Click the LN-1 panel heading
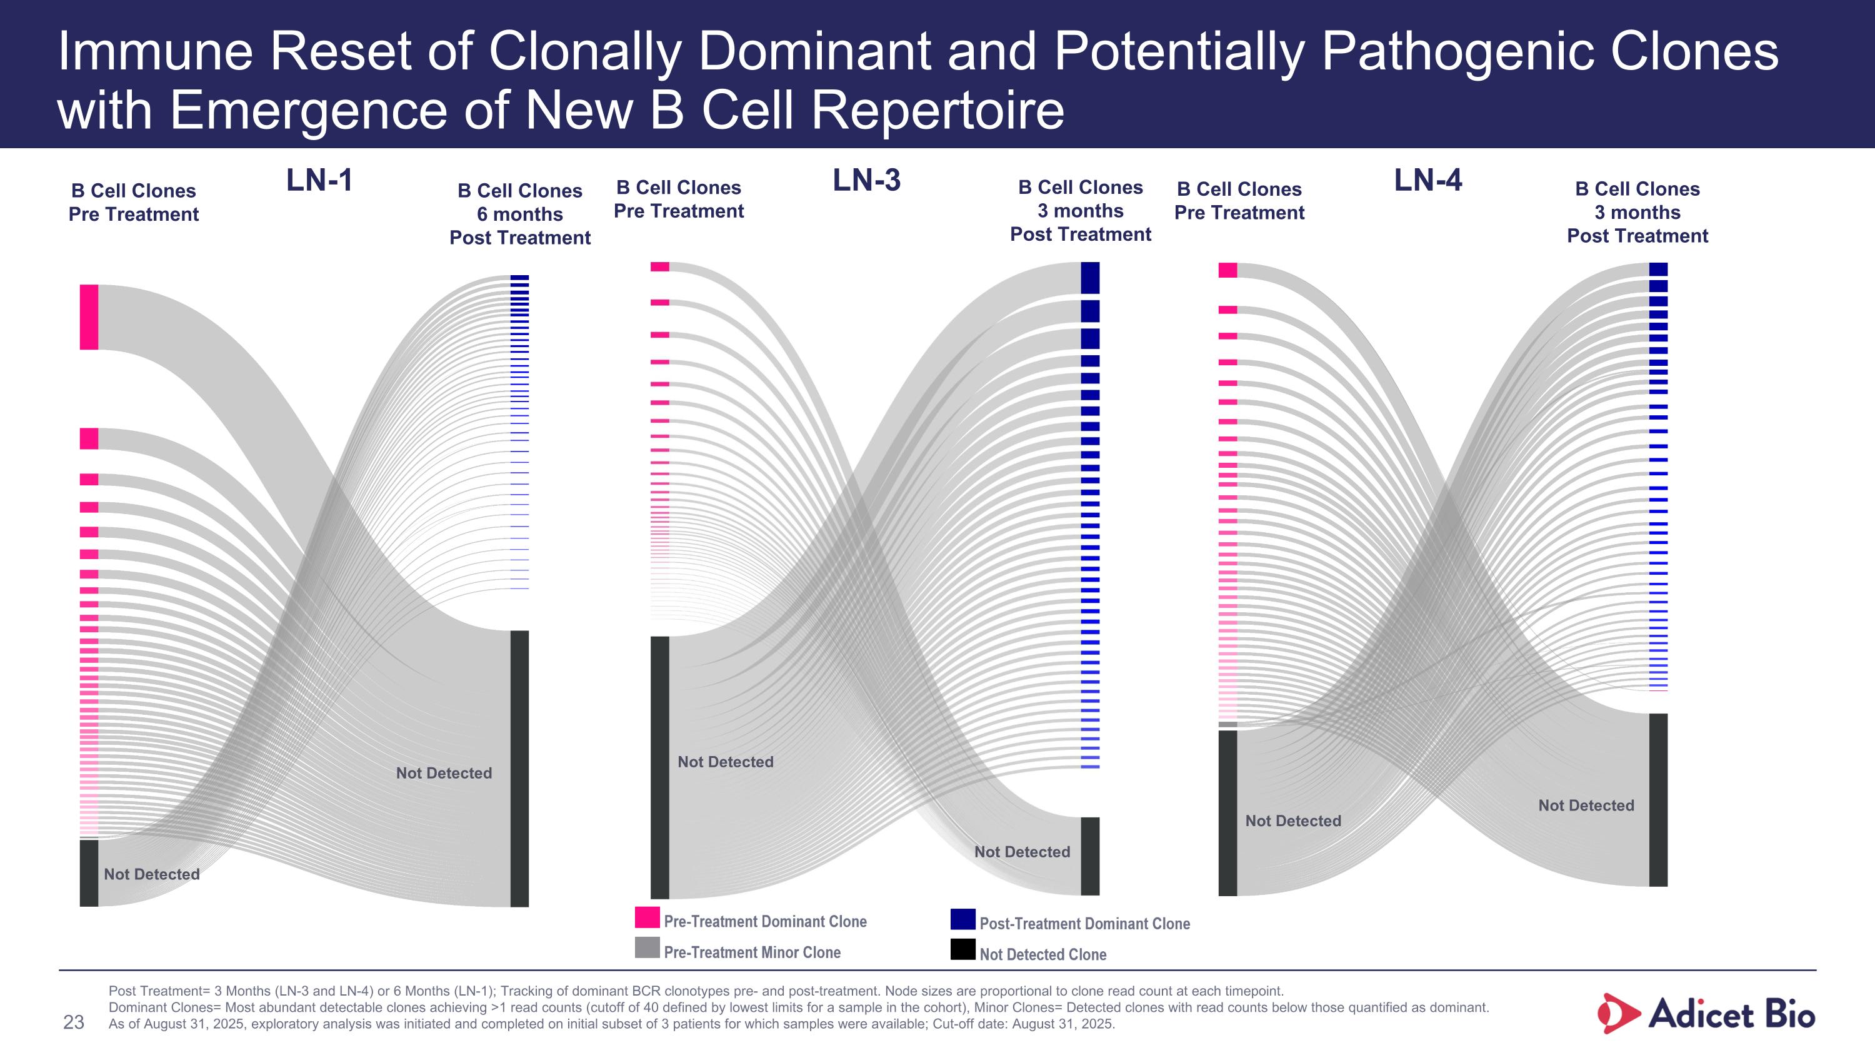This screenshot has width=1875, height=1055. tap(319, 181)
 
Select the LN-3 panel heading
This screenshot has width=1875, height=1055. tap(866, 181)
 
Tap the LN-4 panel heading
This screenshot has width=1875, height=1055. tap(1427, 181)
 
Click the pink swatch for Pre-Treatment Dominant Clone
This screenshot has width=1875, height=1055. tap(647, 917)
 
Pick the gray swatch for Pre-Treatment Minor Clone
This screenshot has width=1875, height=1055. tap(647, 948)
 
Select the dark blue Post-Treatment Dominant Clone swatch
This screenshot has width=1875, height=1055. tap(962, 919)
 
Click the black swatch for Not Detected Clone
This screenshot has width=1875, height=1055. tap(962, 949)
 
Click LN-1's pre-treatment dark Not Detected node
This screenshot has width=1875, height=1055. tap(89, 873)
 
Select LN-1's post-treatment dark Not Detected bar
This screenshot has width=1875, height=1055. tap(520, 768)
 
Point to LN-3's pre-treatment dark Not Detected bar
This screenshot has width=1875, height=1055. tap(659, 767)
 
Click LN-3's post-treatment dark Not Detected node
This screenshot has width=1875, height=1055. tap(1089, 856)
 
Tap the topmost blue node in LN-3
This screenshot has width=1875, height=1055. tap(1089, 278)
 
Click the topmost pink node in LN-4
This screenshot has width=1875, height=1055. tap(1228, 270)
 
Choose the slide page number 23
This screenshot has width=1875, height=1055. tap(74, 1023)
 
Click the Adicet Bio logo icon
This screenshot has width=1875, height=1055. tap(1618, 1014)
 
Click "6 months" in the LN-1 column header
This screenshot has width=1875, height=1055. tap(520, 214)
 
